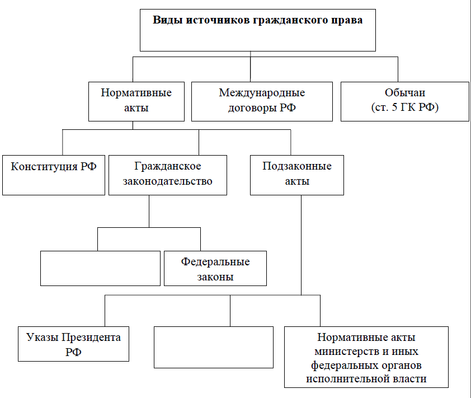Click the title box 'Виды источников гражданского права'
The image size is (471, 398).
(258, 30)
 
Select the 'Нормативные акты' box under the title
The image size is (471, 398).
(136, 102)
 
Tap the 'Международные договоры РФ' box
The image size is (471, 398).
(262, 102)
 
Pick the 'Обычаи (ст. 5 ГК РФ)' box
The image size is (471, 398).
(405, 102)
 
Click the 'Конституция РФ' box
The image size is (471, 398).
(54, 175)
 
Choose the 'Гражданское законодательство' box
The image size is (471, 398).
(168, 175)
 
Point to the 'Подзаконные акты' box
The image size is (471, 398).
(297, 175)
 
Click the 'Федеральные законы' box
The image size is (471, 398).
(215, 269)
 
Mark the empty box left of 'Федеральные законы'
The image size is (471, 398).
(100, 269)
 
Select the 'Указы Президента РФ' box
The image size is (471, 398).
(74, 344)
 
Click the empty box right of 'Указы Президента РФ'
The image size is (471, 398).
(214, 347)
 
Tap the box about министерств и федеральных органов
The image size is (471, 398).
(366, 357)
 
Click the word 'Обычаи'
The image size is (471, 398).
(405, 92)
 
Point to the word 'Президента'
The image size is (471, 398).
(91, 338)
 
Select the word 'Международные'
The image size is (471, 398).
(262, 92)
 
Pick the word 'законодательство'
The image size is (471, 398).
(168, 181)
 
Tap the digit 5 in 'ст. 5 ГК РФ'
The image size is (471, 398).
(394, 107)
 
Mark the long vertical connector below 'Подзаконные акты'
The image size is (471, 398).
(302, 245)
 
